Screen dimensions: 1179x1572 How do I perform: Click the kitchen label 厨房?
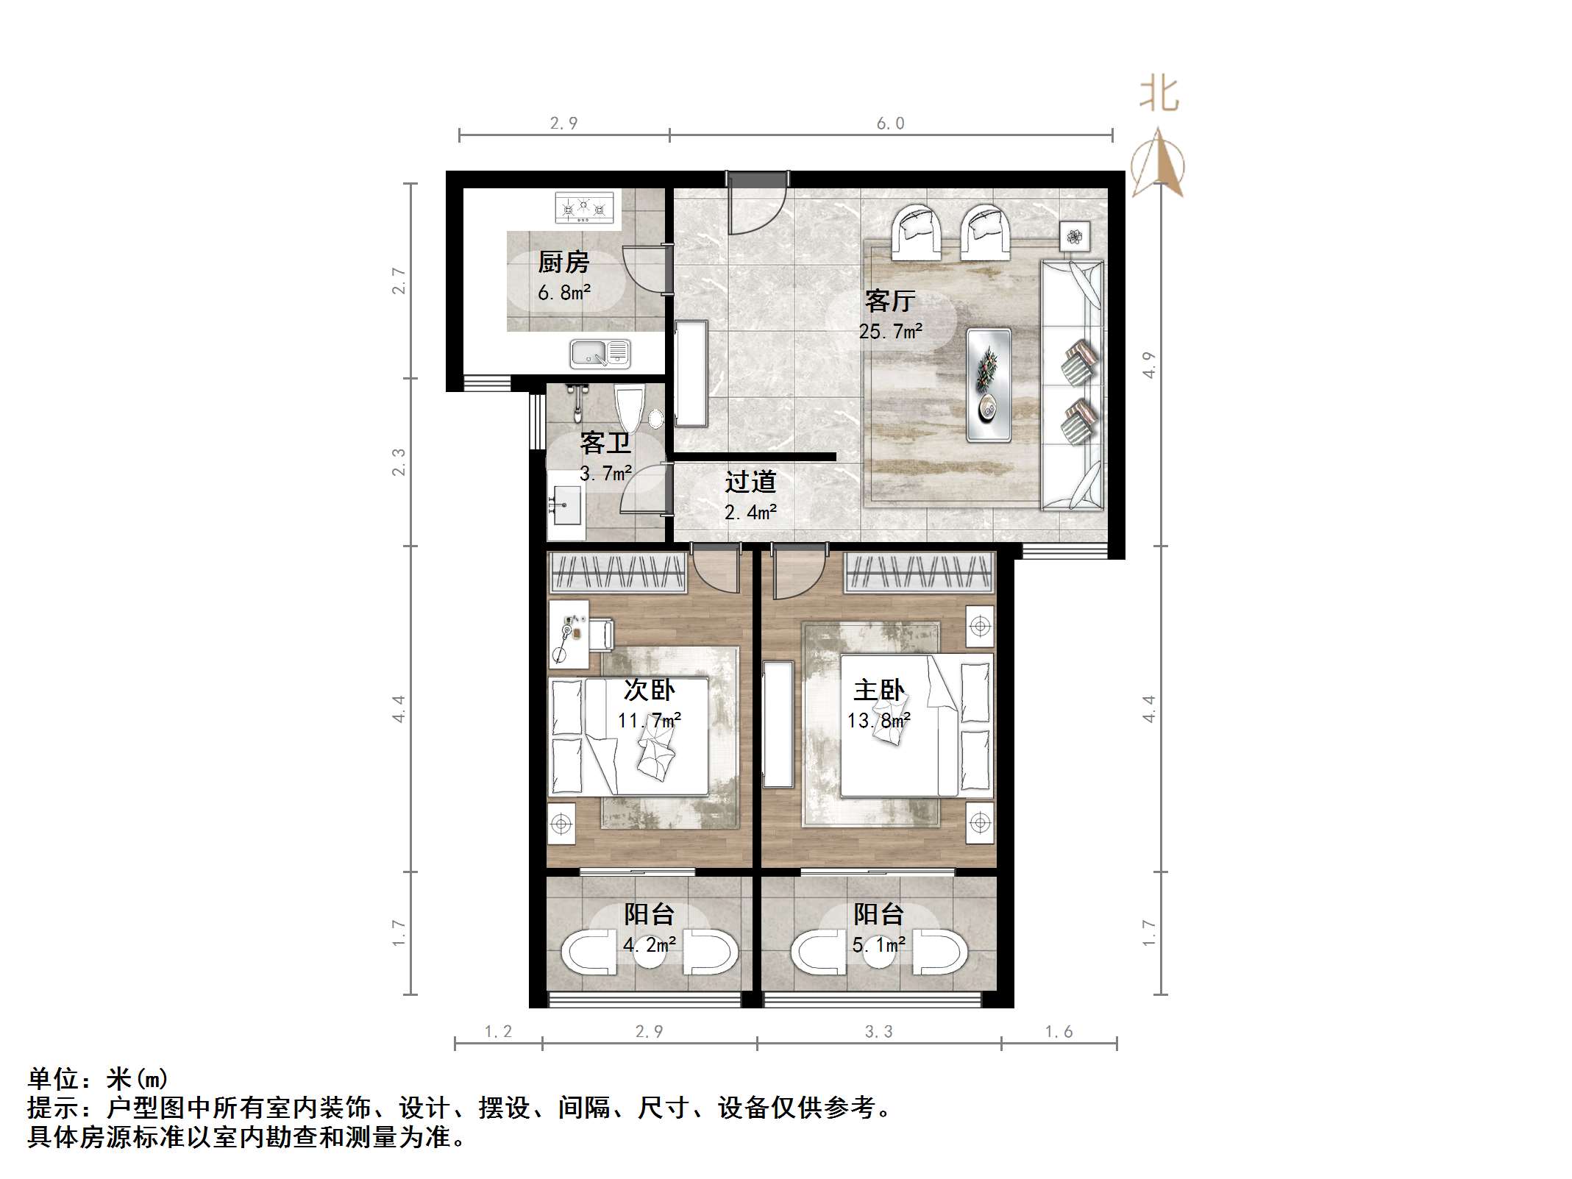pyautogui.click(x=563, y=262)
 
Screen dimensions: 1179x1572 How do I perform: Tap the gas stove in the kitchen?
pyautogui.click(x=584, y=207)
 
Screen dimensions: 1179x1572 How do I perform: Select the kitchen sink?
pyautogui.click(x=600, y=353)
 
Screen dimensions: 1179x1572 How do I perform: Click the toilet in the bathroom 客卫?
pyautogui.click(x=630, y=409)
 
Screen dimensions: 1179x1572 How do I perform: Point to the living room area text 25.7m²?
pyautogui.click(x=890, y=332)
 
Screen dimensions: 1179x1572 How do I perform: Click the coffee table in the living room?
pyautogui.click(x=988, y=385)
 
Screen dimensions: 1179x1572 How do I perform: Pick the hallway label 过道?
pyautogui.click(x=750, y=482)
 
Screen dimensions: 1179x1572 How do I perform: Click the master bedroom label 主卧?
pyautogui.click(x=878, y=690)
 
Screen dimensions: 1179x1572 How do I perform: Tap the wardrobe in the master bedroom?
pyautogui.click(x=919, y=572)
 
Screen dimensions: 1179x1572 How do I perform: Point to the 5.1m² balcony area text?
pyautogui.click(x=878, y=944)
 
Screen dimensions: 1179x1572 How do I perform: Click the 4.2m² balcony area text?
pyautogui.click(x=649, y=944)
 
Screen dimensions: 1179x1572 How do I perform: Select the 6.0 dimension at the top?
pyautogui.click(x=890, y=123)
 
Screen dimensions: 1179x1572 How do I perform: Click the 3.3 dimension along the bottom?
pyautogui.click(x=878, y=1032)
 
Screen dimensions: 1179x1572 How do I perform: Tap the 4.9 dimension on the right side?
pyautogui.click(x=1149, y=365)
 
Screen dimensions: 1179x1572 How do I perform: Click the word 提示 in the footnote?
pyautogui.click(x=54, y=1107)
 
